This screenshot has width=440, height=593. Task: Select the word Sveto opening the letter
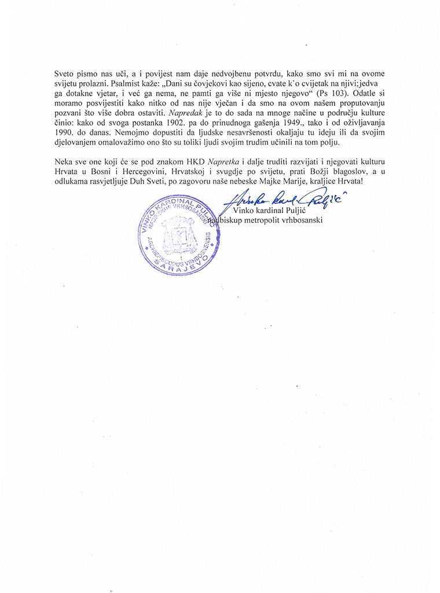[65, 74]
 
